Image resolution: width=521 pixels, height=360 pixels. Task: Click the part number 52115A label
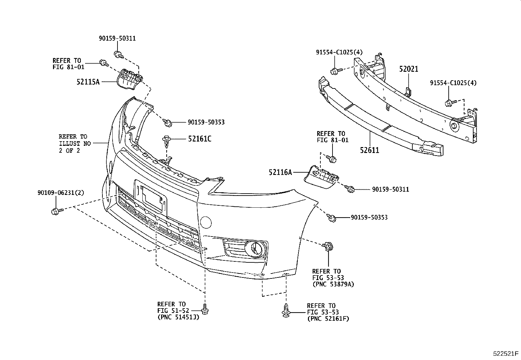pos(88,82)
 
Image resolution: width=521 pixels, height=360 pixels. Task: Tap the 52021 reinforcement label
pos(408,69)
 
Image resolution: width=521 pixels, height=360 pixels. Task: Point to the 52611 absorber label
pos(369,150)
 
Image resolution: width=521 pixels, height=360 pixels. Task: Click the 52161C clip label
pos(199,139)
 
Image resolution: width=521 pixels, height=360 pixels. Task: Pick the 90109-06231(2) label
pos(61,193)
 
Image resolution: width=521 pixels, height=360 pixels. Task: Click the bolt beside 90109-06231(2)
pos(55,211)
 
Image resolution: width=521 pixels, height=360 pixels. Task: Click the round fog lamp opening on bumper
pos(255,248)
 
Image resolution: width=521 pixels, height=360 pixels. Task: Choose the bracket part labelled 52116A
pos(321,177)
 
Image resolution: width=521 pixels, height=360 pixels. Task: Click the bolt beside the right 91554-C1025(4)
pos(449,104)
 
